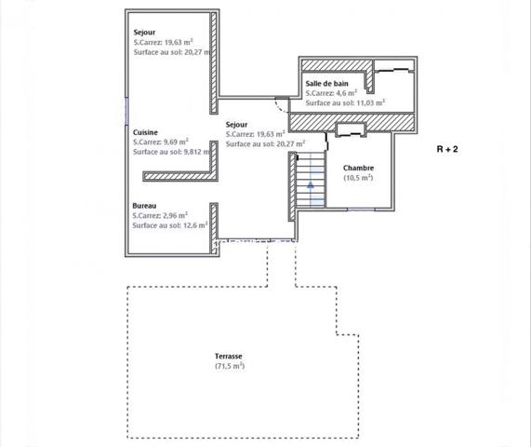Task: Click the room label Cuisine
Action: tap(145, 132)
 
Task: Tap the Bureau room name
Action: tap(144, 204)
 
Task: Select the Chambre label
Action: tap(358, 168)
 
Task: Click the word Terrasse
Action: tap(228, 357)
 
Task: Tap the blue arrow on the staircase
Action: tap(311, 184)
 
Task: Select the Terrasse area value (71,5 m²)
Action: tap(228, 367)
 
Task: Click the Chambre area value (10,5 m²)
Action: tap(358, 178)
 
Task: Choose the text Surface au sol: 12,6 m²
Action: tap(169, 224)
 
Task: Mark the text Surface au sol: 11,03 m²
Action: tap(345, 102)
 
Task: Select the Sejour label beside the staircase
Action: tap(237, 124)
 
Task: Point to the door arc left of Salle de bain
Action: tap(281, 102)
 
